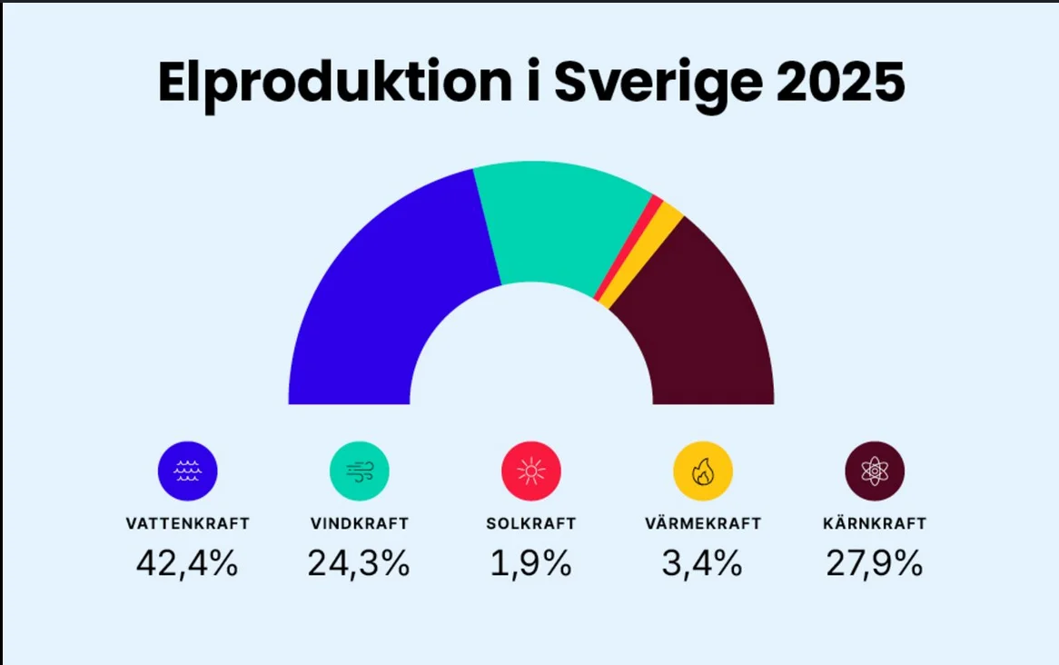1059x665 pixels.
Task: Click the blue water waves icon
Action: pyautogui.click(x=188, y=471)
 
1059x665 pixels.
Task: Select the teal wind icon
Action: pyautogui.click(x=360, y=471)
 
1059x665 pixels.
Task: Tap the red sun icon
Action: pyautogui.click(x=530, y=471)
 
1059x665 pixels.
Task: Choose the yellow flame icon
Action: pyautogui.click(x=703, y=471)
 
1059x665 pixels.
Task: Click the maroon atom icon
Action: pyautogui.click(x=875, y=471)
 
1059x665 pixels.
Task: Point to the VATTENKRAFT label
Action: pyautogui.click(x=188, y=523)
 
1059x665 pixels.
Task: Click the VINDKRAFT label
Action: pyautogui.click(x=360, y=523)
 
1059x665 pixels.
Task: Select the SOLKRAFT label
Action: pyautogui.click(x=530, y=523)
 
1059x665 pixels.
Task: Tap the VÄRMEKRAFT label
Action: pyautogui.click(x=703, y=522)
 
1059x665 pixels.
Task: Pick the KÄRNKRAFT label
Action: pyautogui.click(x=875, y=522)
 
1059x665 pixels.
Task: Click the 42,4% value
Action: pyautogui.click(x=187, y=563)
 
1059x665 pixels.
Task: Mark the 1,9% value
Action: pyautogui.click(x=530, y=563)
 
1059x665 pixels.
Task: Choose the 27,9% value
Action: pyautogui.click(x=875, y=563)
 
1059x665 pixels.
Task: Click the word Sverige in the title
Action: pyautogui.click(x=658, y=84)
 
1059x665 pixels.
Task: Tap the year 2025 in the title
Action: pyautogui.click(x=841, y=83)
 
